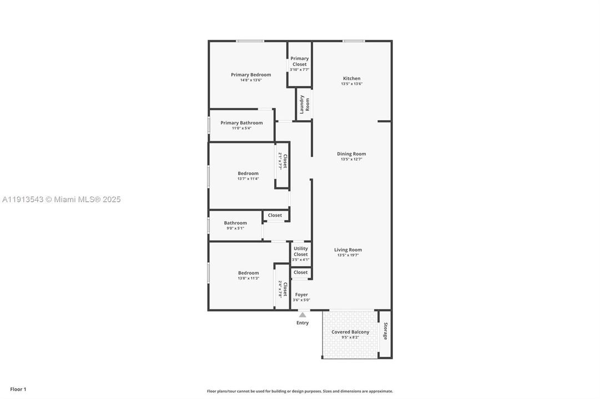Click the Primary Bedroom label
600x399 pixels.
pyautogui.click(x=251, y=75)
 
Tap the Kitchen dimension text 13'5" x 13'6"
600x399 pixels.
pyautogui.click(x=351, y=84)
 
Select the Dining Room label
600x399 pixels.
pyautogui.click(x=351, y=154)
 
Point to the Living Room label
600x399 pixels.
pyautogui.click(x=348, y=250)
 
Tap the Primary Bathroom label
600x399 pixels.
pyautogui.click(x=241, y=123)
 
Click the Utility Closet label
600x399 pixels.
pyautogui.click(x=301, y=252)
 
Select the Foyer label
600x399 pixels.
pyautogui.click(x=301, y=295)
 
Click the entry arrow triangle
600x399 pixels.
pyautogui.click(x=302, y=315)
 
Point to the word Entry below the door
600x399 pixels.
pyautogui.click(x=302, y=323)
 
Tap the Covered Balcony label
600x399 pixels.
pyautogui.click(x=350, y=332)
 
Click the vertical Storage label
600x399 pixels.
pyautogui.click(x=385, y=331)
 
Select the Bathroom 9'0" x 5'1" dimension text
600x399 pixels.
pyautogui.click(x=235, y=228)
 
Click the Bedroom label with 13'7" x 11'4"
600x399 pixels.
pyautogui.click(x=248, y=173)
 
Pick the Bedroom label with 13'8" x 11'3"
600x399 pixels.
pyautogui.click(x=248, y=273)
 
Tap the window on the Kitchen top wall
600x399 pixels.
pyautogui.click(x=354, y=41)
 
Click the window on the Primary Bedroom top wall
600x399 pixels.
pyautogui.click(x=250, y=41)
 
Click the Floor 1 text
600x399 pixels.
pyautogui.click(x=18, y=390)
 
